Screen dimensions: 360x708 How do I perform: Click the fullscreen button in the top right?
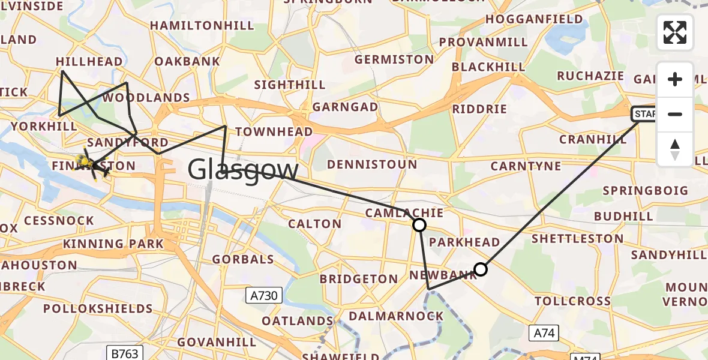pyautogui.click(x=675, y=32)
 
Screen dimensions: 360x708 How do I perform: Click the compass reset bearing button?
pyautogui.click(x=675, y=149)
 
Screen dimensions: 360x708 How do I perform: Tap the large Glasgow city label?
pyautogui.click(x=243, y=170)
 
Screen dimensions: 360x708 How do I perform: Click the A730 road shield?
pyautogui.click(x=264, y=295)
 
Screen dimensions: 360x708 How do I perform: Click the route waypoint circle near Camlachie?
pyautogui.click(x=419, y=225)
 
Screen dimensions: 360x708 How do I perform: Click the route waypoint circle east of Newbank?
pyautogui.click(x=481, y=269)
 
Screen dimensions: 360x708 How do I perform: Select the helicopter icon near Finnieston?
pyautogui.click(x=88, y=163)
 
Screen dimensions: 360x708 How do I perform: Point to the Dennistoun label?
pyautogui.click(x=372, y=164)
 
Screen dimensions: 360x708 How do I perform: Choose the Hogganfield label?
pyautogui.click(x=534, y=19)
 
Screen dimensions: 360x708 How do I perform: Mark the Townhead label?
pyautogui.click(x=274, y=132)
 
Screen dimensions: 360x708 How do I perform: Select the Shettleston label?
pyautogui.click(x=578, y=239)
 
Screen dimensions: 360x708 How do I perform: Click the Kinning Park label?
pyautogui.click(x=113, y=244)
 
